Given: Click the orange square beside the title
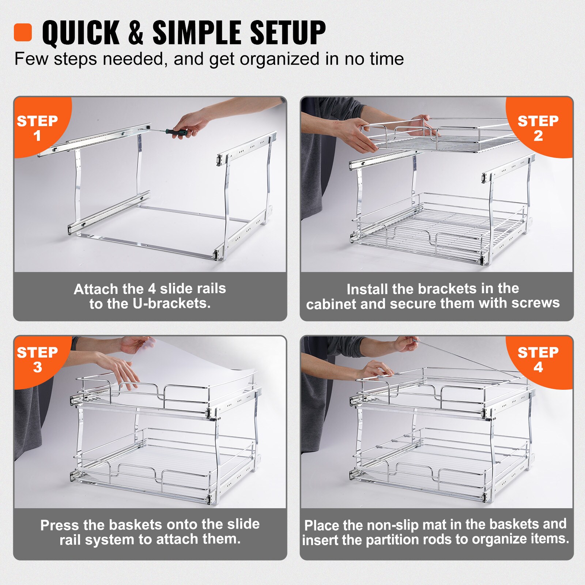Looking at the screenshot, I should coord(23,33).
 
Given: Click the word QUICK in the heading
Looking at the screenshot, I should coord(81,33).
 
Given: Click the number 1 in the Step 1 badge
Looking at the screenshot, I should coord(37,136).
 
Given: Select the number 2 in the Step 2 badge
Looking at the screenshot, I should coord(538,136).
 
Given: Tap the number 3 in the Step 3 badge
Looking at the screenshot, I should coord(37,367).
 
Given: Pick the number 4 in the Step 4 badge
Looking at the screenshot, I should coord(538,367).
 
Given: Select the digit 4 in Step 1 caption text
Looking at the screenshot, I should coord(152,289).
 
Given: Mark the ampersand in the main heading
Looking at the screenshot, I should coord(135,33).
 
